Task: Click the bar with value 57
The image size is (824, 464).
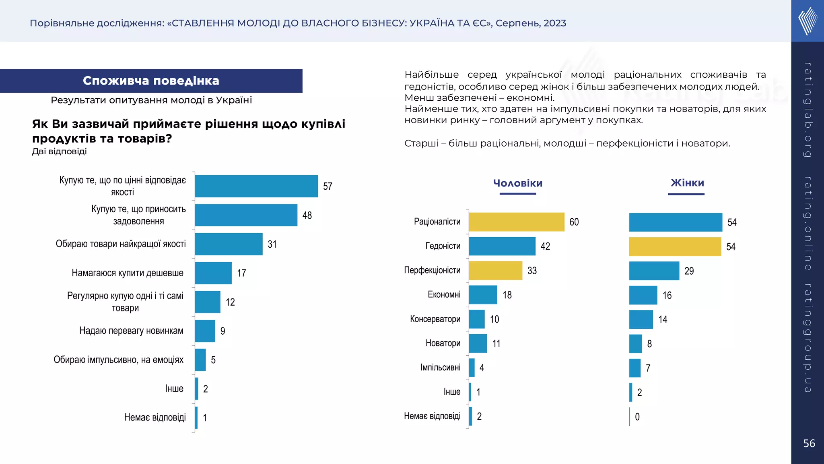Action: point(256,186)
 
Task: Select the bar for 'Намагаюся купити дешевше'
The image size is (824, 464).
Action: point(213,273)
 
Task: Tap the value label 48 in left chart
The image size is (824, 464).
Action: point(307,215)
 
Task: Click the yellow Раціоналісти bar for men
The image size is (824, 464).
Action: point(516,222)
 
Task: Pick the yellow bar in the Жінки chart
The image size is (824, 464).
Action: point(675,246)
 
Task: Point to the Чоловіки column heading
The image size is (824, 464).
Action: point(518,183)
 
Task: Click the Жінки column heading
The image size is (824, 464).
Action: point(687,183)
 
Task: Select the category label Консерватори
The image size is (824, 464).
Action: point(435,319)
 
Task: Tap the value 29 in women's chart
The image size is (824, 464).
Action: point(689,271)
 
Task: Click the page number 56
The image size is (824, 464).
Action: point(809,443)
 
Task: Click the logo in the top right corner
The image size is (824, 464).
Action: point(808,21)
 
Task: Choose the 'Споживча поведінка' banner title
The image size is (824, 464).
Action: point(151,81)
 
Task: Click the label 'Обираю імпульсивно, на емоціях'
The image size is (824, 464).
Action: point(118,360)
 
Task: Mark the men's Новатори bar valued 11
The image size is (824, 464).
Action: point(478,344)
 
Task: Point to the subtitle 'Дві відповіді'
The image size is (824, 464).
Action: point(59,151)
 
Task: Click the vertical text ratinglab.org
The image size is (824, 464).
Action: point(808,110)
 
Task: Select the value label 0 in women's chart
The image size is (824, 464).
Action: point(637,417)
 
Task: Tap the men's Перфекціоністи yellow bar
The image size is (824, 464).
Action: point(495,271)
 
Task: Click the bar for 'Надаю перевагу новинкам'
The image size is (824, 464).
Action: point(205,331)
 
